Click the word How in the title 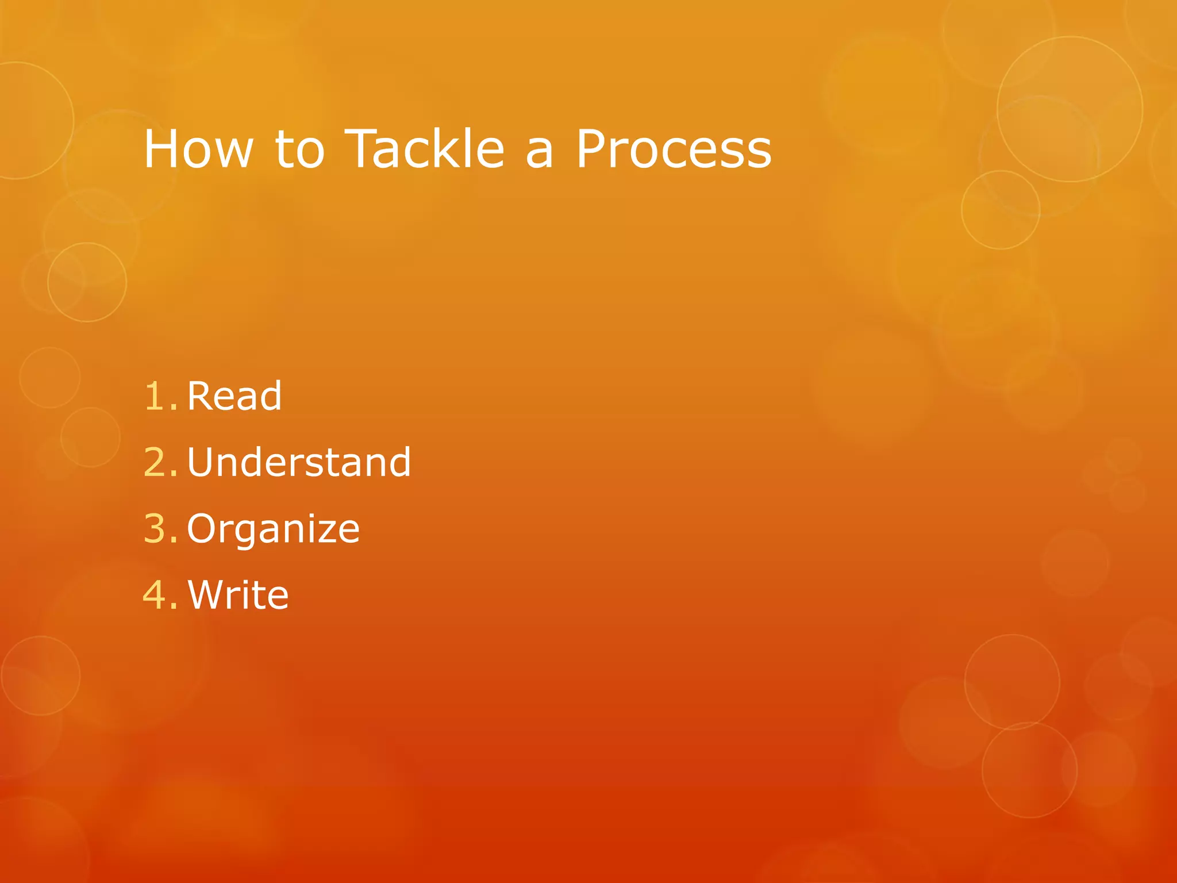tap(198, 149)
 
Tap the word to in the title tap(299, 149)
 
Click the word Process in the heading tap(674, 149)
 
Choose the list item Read tap(234, 397)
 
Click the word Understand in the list tap(299, 462)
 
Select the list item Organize tap(273, 529)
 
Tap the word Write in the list tap(238, 595)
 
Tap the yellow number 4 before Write tap(155, 595)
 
